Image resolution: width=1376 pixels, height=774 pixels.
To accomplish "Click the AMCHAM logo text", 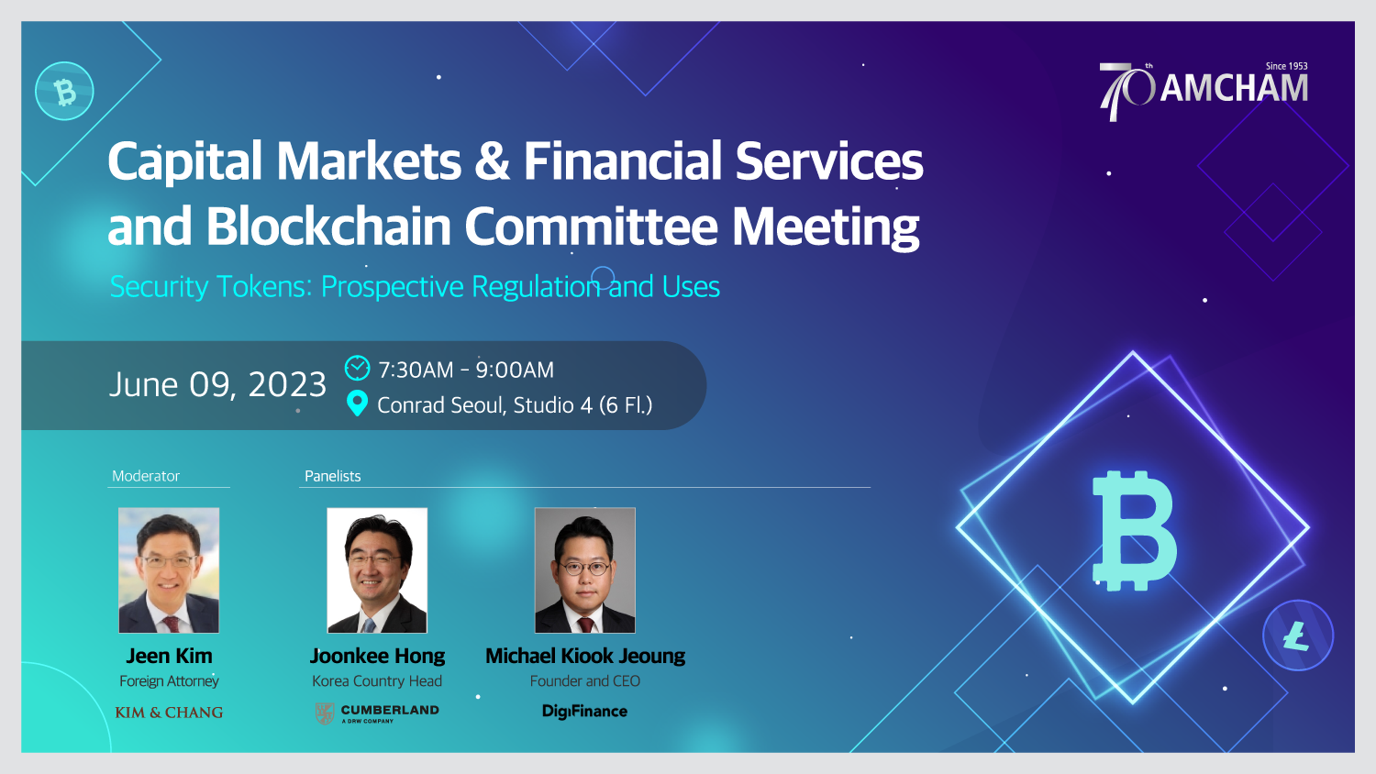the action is pyautogui.click(x=1234, y=88).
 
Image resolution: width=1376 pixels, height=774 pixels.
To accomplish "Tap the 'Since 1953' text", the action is pyautogui.click(x=1286, y=66).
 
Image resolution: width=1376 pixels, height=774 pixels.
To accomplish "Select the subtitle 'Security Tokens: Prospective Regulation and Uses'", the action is pyautogui.click(x=415, y=287).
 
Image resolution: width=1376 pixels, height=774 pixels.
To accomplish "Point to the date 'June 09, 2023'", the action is pyautogui.click(x=217, y=385).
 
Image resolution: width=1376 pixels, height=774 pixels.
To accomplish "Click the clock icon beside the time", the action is pyautogui.click(x=357, y=368).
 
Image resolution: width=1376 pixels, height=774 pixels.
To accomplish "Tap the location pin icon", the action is pyautogui.click(x=357, y=404).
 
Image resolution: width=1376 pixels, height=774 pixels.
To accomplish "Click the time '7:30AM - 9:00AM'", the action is pyautogui.click(x=466, y=370).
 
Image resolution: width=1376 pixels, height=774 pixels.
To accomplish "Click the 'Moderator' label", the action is pyautogui.click(x=146, y=476).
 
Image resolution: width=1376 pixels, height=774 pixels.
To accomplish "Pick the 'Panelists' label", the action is pyautogui.click(x=332, y=476).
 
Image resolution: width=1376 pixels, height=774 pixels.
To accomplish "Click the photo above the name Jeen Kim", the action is pyautogui.click(x=169, y=570).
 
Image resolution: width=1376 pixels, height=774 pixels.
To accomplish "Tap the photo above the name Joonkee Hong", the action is pyautogui.click(x=377, y=570).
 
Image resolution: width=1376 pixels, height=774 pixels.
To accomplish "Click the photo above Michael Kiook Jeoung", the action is pyautogui.click(x=585, y=570).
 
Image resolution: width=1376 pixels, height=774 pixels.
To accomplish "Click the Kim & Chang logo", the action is pyautogui.click(x=169, y=713).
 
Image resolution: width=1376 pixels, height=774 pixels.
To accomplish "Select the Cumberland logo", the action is pyautogui.click(x=377, y=713).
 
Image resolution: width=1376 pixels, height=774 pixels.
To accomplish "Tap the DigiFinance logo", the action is pyautogui.click(x=585, y=712).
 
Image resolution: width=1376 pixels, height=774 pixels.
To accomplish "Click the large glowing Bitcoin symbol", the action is pyautogui.click(x=1134, y=531).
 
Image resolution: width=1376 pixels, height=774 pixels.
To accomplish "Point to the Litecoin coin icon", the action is pyautogui.click(x=1298, y=636).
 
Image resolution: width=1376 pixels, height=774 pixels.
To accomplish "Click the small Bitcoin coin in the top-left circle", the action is pyautogui.click(x=64, y=91).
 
